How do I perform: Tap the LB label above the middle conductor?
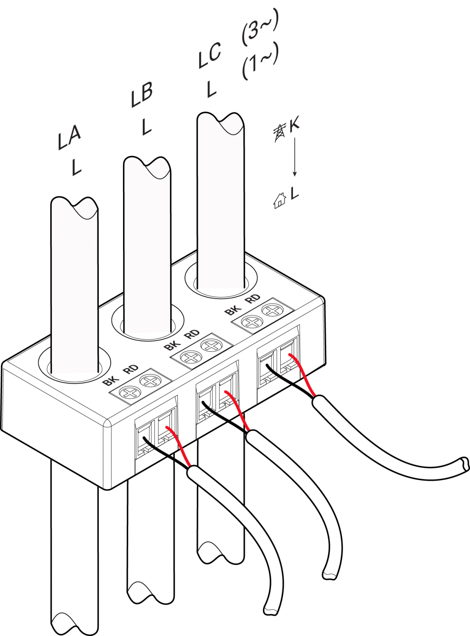[142, 95]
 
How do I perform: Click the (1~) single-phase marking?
[260, 62]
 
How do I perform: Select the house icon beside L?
[280, 201]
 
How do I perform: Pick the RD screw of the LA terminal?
[150, 381]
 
